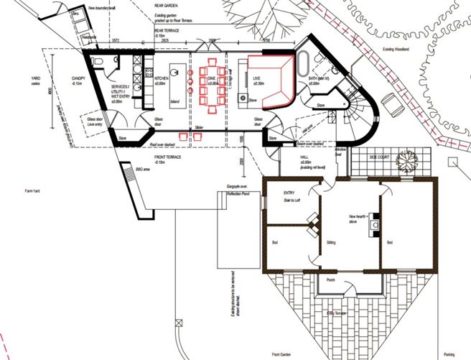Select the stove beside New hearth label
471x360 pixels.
pyautogui.click(x=374, y=226)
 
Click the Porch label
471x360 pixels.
pyautogui.click(x=331, y=280)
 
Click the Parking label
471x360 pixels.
pyautogui.click(x=449, y=354)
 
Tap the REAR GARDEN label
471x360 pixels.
pyautogui.click(x=168, y=4)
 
